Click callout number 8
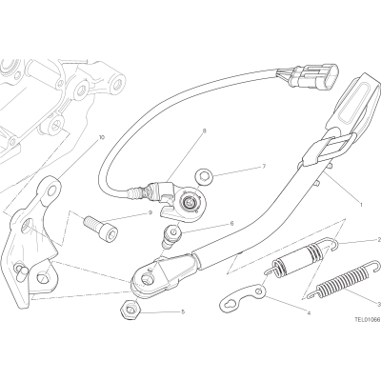coord(204,130)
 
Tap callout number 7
coord(264,166)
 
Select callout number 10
coord(101,137)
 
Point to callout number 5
coord(183,312)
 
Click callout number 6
coord(231,224)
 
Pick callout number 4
coord(309,313)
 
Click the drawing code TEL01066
coord(368,320)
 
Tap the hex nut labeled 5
coord(129,310)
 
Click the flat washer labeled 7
coord(202,176)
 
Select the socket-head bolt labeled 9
coord(100,226)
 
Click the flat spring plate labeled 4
coord(243,297)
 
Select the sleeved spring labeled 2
coord(300,256)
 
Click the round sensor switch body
coord(190,202)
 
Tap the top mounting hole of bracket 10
coord(51,190)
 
